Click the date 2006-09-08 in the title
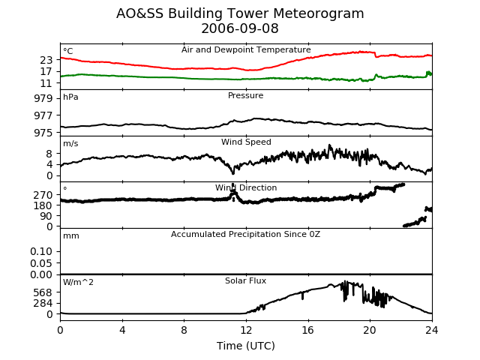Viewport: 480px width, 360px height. click(240, 28)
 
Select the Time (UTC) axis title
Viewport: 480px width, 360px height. click(246, 346)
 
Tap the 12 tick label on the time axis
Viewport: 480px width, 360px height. click(246, 330)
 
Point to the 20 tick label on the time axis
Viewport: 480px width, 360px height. click(370, 330)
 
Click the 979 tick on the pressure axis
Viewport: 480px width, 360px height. click(43, 98)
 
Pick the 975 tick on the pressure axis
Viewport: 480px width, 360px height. click(43, 133)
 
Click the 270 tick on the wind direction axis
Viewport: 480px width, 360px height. click(43, 195)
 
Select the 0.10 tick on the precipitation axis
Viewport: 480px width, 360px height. click(41, 252)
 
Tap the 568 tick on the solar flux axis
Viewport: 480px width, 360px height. click(43, 292)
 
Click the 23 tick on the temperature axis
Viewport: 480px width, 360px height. click(46, 60)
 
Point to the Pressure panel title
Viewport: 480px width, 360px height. click(245, 95)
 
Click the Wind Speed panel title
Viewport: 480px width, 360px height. click(246, 142)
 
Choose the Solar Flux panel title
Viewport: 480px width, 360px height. click(245, 280)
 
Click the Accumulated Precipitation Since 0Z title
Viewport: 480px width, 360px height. click(245, 234)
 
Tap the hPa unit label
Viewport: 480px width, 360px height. click(70, 97)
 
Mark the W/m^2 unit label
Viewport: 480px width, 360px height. click(78, 282)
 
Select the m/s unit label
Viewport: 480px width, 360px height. click(70, 143)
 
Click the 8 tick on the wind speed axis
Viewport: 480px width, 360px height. click(49, 154)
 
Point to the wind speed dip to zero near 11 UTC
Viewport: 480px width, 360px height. click(233, 172)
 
